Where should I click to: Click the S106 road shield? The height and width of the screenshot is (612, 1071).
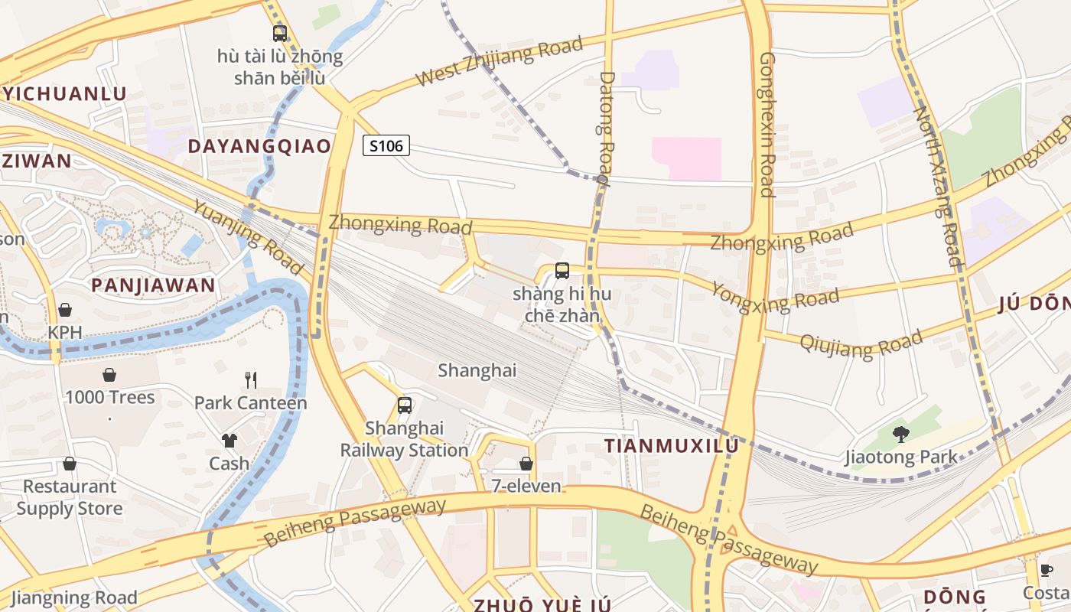(386, 145)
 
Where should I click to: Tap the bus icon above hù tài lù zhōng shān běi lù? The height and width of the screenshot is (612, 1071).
(280, 34)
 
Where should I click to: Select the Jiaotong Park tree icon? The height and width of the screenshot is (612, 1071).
(901, 435)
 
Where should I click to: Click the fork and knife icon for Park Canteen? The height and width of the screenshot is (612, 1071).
(250, 379)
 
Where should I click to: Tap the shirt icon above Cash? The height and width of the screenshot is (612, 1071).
(229, 440)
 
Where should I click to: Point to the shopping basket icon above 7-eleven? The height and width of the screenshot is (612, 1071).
(526, 463)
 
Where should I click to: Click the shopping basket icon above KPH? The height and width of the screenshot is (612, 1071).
(65, 310)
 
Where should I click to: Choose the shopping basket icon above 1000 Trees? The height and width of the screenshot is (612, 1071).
(109, 375)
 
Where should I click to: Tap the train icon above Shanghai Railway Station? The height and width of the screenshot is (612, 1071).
(405, 405)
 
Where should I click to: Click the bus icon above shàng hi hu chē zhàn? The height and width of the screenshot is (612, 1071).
(562, 270)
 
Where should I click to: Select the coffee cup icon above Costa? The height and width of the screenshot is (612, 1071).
(1046, 570)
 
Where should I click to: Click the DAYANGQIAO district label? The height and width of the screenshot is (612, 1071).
(259, 146)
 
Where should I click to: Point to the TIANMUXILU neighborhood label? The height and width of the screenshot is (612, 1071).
(672, 446)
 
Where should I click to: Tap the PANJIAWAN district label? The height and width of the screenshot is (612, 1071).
(153, 285)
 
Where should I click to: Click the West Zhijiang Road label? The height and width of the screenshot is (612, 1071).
(499, 61)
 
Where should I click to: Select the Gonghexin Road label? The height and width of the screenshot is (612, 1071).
(767, 124)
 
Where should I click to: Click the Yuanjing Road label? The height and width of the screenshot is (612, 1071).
(246, 237)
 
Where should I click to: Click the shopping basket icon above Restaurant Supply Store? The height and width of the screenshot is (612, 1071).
(70, 464)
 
